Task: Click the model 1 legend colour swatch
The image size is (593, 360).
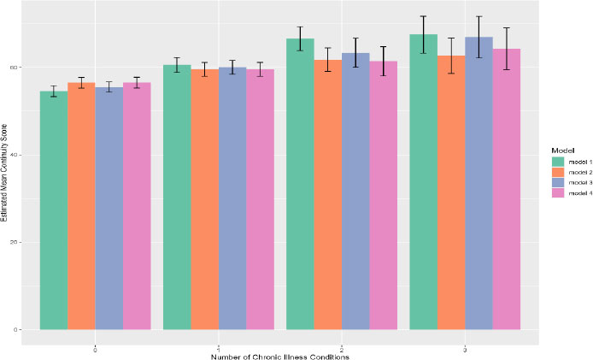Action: coord(555,161)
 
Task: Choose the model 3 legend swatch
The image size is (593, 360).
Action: coord(555,183)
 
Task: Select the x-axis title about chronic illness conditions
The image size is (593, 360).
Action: coord(280,355)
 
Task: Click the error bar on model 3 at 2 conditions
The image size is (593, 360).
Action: coord(355,53)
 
